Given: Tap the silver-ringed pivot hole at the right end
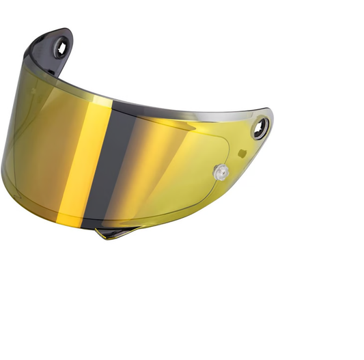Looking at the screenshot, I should (261, 126).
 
